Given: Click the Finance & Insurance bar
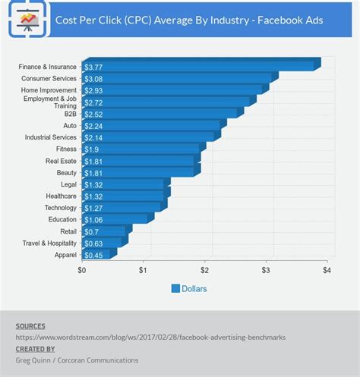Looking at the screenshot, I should click(197, 67).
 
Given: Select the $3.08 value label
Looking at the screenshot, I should click(95, 79).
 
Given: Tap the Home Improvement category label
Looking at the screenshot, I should click(49, 90).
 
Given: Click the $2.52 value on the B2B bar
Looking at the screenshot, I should click(95, 114).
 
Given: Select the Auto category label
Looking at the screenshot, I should click(69, 126).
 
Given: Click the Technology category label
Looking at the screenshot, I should click(60, 208).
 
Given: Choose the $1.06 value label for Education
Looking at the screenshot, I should click(95, 220).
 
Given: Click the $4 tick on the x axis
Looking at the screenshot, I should click(327, 271).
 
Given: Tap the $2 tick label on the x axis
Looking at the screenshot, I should click(204, 271).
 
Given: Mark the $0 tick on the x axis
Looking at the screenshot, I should click(82, 271).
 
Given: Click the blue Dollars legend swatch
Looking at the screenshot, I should click(175, 288).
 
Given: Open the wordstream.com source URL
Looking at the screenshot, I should click(150, 338).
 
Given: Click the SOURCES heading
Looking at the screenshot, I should click(30, 326).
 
